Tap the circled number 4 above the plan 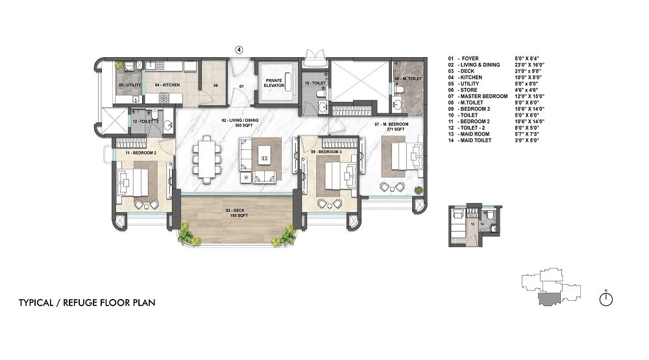[x=239, y=49]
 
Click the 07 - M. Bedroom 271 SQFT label [x=390, y=126]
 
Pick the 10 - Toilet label [x=315, y=84]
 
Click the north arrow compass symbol [x=606, y=298]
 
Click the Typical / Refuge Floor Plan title [x=87, y=303]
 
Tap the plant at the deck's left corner [x=188, y=234]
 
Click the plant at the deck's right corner [x=284, y=237]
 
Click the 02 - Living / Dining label [x=233, y=123]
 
